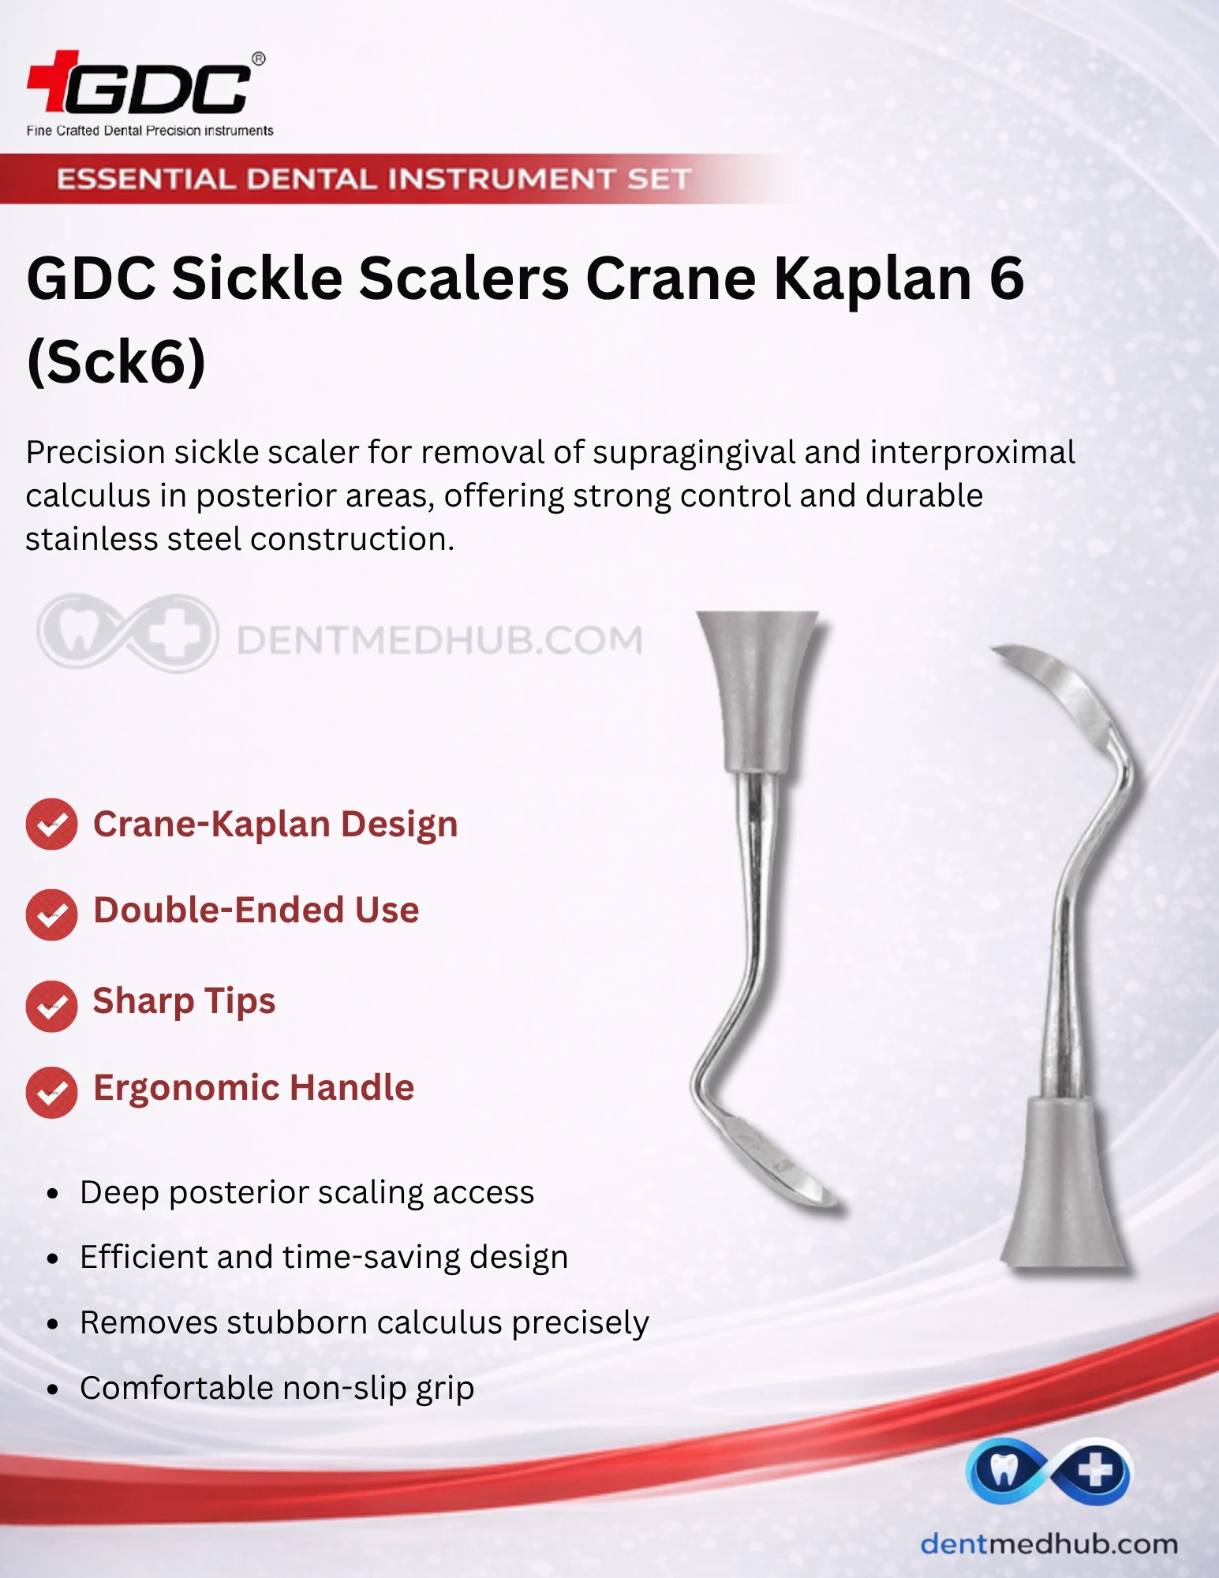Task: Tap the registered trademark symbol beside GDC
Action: pyautogui.click(x=258, y=58)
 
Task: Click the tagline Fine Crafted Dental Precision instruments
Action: pyautogui.click(x=150, y=130)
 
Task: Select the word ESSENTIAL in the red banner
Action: pyautogui.click(x=146, y=179)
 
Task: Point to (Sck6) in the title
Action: pyautogui.click(x=116, y=361)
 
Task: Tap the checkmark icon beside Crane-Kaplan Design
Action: pyautogui.click(x=51, y=824)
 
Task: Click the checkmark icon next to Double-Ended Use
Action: pyautogui.click(x=51, y=914)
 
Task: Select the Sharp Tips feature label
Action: pyautogui.click(x=184, y=1001)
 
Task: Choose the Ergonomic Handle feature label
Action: pyautogui.click(x=253, y=1087)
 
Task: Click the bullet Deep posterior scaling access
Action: pyautogui.click(x=307, y=1192)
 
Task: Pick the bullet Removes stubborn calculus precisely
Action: pyautogui.click(x=365, y=1322)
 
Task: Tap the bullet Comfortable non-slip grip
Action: pyautogui.click(x=277, y=1388)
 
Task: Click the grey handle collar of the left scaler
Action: pyautogui.click(x=757, y=691)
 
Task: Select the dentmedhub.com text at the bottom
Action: pyautogui.click(x=1049, y=1543)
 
